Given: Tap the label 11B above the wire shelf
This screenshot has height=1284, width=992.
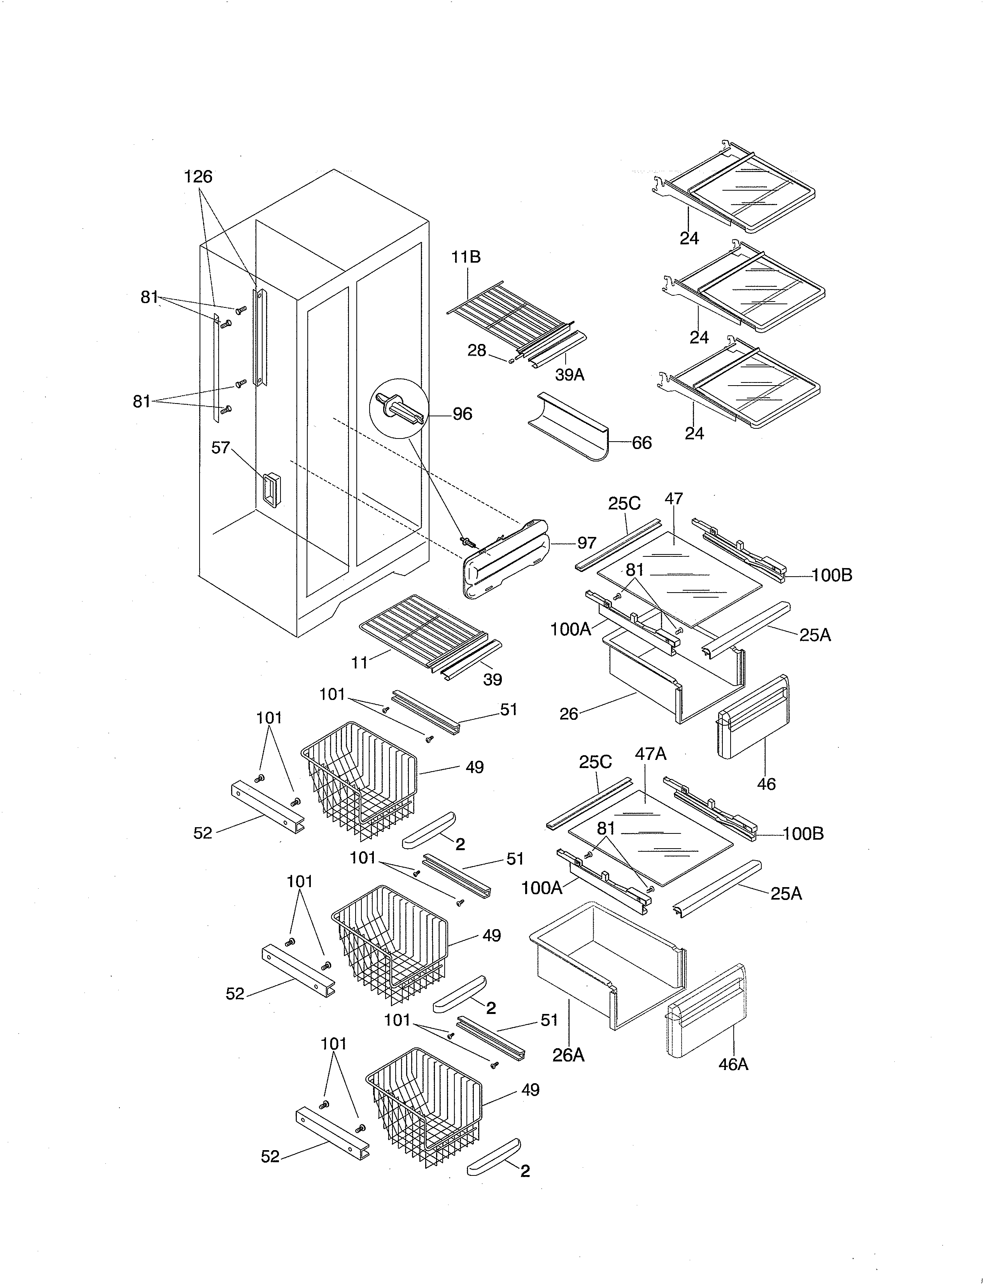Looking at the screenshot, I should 466,257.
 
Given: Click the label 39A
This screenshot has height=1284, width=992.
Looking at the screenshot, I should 570,374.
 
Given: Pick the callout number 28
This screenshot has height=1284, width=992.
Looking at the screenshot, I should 477,351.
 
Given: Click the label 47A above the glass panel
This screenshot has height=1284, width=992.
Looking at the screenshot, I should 650,754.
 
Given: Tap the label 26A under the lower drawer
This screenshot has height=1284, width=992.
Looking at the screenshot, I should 568,1055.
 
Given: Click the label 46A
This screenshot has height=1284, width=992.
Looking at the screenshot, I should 733,1064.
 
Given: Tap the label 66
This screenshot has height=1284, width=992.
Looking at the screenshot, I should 642,443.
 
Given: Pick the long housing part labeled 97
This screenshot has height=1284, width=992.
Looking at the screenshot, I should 508,558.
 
